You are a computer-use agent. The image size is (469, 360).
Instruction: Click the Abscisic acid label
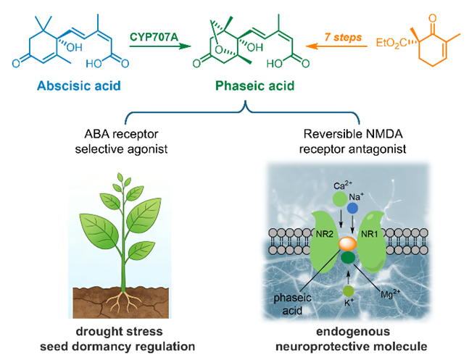[79, 85]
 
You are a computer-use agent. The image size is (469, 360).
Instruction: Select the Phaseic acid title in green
[255, 85]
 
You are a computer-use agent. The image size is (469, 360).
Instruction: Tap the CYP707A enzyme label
[154, 37]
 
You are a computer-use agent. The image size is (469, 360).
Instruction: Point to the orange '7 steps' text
[343, 37]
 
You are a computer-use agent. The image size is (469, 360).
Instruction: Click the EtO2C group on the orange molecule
[391, 43]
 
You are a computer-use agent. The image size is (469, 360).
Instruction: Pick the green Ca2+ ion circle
[340, 199]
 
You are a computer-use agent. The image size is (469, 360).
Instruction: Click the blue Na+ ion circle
[353, 209]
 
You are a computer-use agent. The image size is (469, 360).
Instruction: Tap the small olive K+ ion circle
[349, 291]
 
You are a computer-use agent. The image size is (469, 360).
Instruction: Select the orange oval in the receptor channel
[347, 244]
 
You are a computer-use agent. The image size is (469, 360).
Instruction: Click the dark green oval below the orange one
[348, 257]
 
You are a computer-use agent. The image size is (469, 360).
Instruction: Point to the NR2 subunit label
[325, 234]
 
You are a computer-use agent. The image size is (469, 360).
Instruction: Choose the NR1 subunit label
[370, 234]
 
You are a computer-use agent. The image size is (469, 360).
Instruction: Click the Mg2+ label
[390, 293]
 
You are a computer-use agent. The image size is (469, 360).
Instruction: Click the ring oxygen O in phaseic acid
[219, 50]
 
